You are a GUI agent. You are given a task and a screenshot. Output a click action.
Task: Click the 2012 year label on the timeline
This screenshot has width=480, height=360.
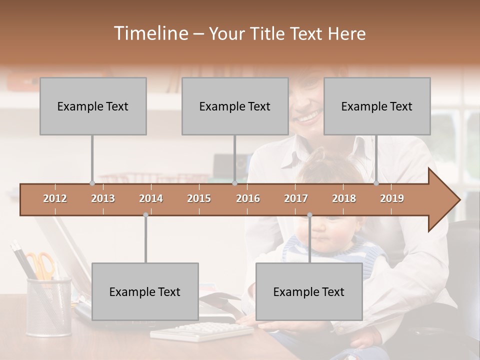[55, 198]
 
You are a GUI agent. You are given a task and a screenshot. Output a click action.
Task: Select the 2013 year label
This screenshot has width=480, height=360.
[103, 198]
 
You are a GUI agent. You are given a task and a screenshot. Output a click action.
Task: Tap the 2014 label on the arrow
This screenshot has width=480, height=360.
[151, 198]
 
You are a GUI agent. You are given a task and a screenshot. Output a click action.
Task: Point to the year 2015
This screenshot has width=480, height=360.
[199, 198]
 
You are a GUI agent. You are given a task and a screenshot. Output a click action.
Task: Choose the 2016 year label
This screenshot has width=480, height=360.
[248, 198]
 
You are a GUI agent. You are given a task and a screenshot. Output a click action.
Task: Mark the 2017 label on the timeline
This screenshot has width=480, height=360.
[296, 198]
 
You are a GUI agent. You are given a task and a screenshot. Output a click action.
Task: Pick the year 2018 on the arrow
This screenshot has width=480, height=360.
[344, 198]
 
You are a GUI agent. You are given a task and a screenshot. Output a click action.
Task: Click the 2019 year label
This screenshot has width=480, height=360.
[392, 198]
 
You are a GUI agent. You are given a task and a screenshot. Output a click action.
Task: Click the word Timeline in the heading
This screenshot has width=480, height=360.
[149, 33]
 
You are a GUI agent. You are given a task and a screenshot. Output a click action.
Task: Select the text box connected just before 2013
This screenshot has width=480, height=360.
[93, 106]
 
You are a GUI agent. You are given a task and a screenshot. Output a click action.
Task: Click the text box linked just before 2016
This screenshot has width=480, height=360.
[235, 106]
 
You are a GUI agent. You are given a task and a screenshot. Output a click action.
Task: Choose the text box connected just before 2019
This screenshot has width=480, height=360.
[377, 106]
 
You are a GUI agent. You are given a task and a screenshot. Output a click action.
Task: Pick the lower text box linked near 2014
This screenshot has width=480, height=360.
[145, 291]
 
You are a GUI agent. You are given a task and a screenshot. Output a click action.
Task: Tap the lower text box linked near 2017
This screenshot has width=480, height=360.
[309, 291]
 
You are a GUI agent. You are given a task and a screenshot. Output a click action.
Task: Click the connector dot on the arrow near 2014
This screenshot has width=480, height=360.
[145, 215]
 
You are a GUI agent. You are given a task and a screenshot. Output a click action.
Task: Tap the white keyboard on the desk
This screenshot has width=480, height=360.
[202, 331]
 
